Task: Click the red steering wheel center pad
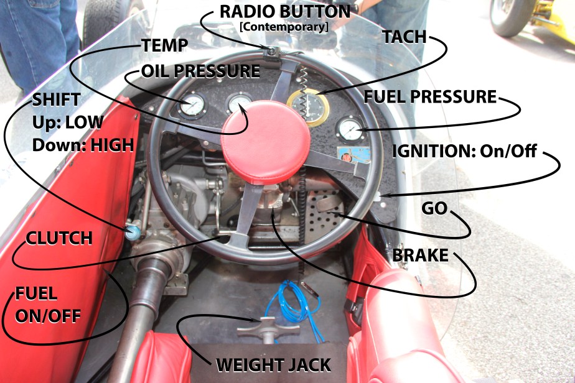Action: (266, 142)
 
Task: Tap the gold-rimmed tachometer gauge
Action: (309, 107)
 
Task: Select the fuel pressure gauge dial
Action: (350, 129)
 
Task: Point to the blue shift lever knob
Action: (133, 233)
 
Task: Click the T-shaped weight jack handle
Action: (268, 328)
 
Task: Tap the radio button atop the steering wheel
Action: (272, 52)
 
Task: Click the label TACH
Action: (404, 37)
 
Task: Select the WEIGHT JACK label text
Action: (274, 365)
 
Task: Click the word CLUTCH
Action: (59, 238)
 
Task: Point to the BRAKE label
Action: (420, 256)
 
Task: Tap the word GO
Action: (434, 208)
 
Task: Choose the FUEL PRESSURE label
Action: (430, 97)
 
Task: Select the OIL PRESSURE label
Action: (200, 71)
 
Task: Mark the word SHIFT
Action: (56, 99)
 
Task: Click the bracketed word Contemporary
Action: (284, 27)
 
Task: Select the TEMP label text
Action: (164, 45)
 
